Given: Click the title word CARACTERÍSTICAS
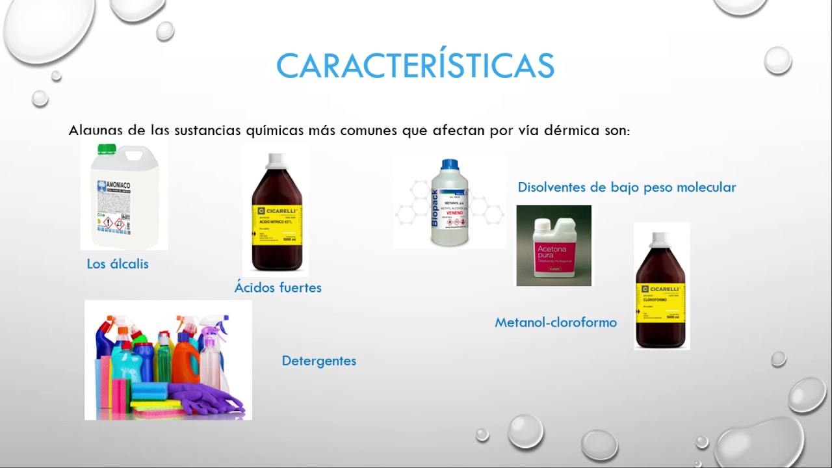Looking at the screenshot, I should point(415,66).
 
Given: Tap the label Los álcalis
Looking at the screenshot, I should point(118,264).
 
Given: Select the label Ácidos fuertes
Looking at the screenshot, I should point(278,287).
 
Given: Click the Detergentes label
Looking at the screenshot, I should point(318,361).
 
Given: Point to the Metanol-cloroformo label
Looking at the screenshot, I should point(556,322).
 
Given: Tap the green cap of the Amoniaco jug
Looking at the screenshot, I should point(106,149).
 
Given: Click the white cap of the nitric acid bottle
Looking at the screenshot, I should point(276,161).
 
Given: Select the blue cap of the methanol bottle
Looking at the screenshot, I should point(450,165).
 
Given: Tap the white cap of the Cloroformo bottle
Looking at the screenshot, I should point(660,239).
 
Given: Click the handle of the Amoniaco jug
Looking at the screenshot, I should point(135,155).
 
